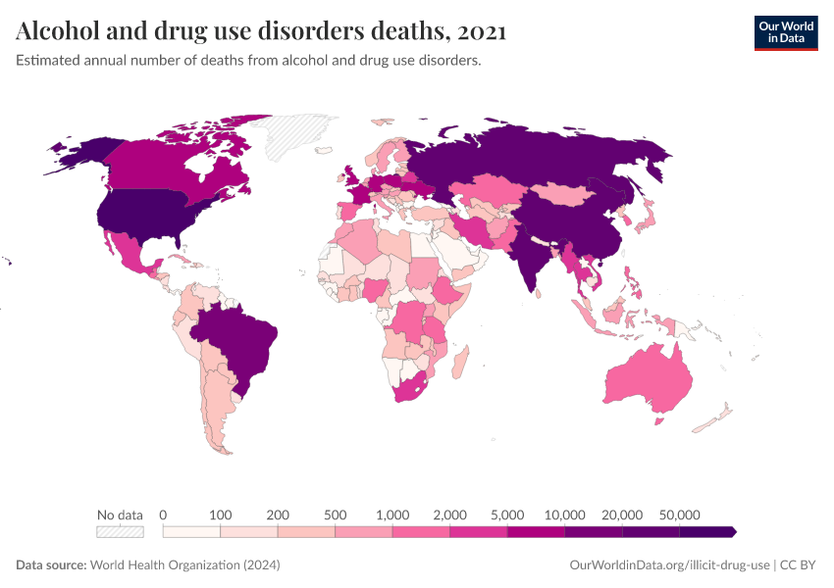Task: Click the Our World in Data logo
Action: pyautogui.click(x=785, y=32)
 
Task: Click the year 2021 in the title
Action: pyautogui.click(x=481, y=31)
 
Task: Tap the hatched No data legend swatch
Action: pyautogui.click(x=120, y=532)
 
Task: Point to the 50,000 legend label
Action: pyautogui.click(x=679, y=514)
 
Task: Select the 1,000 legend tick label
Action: pyautogui.click(x=392, y=514)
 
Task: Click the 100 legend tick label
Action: pyautogui.click(x=220, y=514)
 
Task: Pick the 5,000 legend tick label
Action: pyautogui.click(x=507, y=514)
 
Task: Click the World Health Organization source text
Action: pyautogui.click(x=184, y=565)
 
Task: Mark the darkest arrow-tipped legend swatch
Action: pyautogui.click(x=707, y=532)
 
